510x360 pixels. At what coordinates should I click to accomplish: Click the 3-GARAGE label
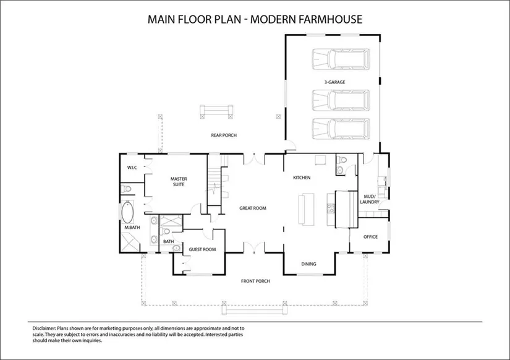(x=334, y=82)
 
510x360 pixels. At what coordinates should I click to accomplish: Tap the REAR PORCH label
(x=224, y=135)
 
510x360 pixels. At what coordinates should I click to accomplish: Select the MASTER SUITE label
(x=179, y=182)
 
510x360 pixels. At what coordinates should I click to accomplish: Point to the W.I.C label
(x=132, y=168)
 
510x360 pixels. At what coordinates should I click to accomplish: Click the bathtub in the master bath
(x=127, y=212)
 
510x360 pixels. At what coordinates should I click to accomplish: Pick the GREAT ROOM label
(x=253, y=208)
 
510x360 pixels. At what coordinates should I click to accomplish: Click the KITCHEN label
(x=302, y=178)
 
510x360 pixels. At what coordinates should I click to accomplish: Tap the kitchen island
(x=306, y=209)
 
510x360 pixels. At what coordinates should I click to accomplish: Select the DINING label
(x=308, y=264)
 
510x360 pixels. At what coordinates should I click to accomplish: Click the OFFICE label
(x=370, y=237)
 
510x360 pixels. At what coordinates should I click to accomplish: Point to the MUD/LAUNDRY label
(x=370, y=199)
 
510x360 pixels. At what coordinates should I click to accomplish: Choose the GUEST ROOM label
(x=202, y=250)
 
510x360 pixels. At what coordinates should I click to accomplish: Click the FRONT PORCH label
(x=255, y=281)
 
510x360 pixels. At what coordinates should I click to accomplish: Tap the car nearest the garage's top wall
(x=341, y=59)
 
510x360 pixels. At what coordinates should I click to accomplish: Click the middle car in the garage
(x=341, y=100)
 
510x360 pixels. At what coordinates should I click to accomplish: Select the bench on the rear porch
(x=216, y=111)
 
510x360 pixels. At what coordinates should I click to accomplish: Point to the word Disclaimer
(x=45, y=328)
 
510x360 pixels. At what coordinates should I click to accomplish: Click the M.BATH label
(x=132, y=228)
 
